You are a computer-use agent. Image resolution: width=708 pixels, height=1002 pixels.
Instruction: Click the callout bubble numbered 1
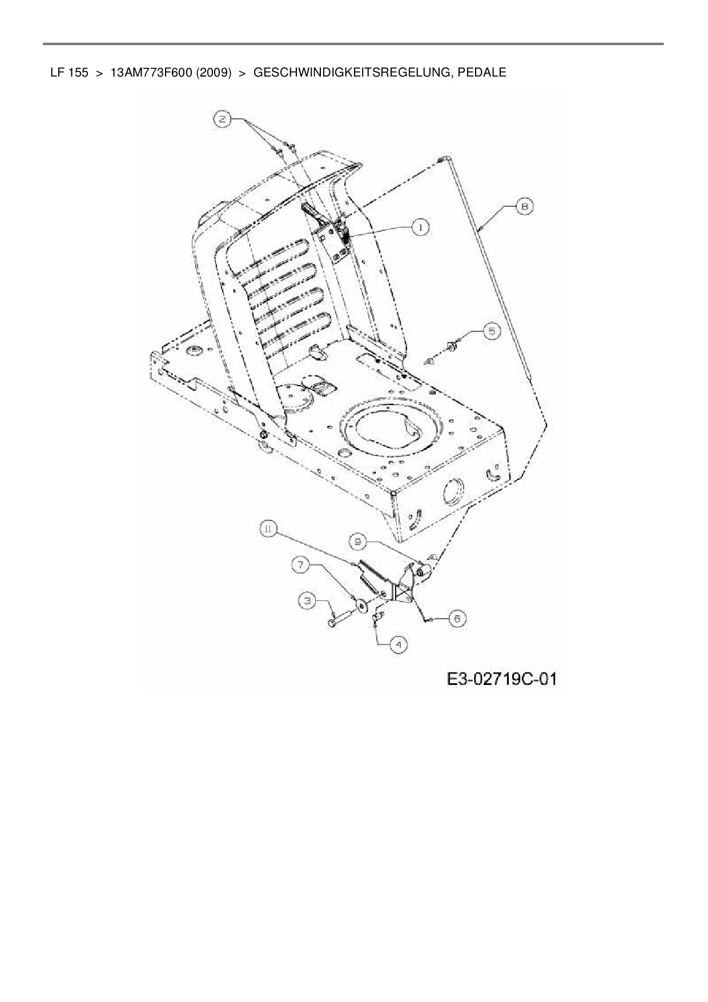(x=421, y=227)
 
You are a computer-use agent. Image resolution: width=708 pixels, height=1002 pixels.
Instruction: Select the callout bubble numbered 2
(x=223, y=119)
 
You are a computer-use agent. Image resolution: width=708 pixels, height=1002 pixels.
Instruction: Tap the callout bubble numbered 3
(x=308, y=600)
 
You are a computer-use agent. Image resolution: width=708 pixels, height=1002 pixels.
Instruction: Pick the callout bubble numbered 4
(x=399, y=645)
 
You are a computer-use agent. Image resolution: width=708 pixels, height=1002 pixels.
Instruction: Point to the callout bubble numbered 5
(x=492, y=331)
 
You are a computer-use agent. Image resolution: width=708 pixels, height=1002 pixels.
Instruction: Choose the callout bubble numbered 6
(x=457, y=618)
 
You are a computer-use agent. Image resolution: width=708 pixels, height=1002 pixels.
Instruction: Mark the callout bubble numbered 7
(x=301, y=565)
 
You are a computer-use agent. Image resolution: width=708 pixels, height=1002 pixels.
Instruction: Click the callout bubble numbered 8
(x=524, y=206)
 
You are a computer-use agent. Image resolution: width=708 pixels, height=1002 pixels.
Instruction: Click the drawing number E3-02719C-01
(x=501, y=679)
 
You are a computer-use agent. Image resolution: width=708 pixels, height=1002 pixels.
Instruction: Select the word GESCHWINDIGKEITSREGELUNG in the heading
(x=349, y=73)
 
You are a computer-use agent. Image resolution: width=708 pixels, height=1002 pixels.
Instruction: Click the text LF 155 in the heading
(x=69, y=73)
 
